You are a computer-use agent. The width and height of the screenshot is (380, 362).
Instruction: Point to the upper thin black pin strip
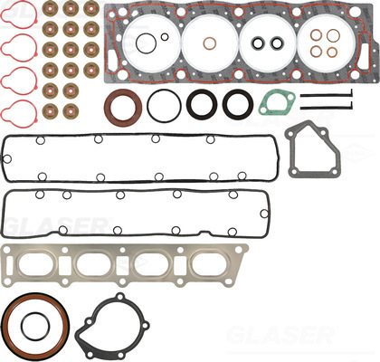[x=327, y=96]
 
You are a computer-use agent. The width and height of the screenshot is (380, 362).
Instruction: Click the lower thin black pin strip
[x=327, y=108]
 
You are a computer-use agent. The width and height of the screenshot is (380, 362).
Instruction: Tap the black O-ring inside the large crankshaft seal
[x=23, y=327]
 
